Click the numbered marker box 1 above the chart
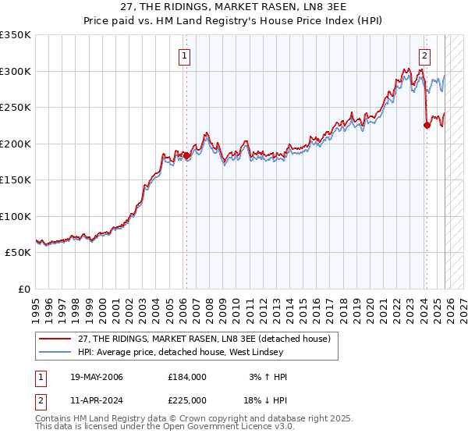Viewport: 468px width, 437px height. (185, 55)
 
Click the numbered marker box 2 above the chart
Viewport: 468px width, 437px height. (425, 55)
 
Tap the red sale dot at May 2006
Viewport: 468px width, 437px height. (186, 155)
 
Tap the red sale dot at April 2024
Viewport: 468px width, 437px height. (427, 125)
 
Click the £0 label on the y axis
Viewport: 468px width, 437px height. (23, 289)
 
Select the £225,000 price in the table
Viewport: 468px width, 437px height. (187, 400)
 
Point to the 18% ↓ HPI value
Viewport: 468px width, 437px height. (266, 400)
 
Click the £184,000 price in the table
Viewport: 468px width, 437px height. (187, 377)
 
